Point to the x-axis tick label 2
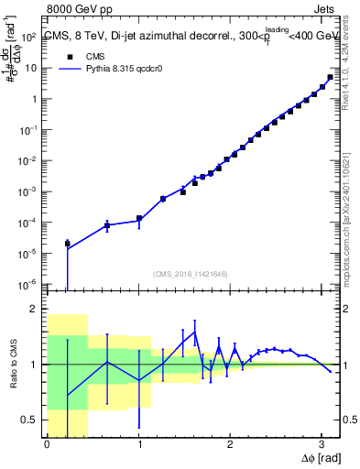tap(229, 444)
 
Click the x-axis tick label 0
tap(47, 444)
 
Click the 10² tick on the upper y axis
tap(29, 38)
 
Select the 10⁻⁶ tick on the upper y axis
tap(29, 284)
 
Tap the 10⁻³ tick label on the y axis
tap(29, 191)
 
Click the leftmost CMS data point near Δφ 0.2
tap(67, 244)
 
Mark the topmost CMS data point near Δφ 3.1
tap(330, 78)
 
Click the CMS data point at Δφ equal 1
tap(139, 219)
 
